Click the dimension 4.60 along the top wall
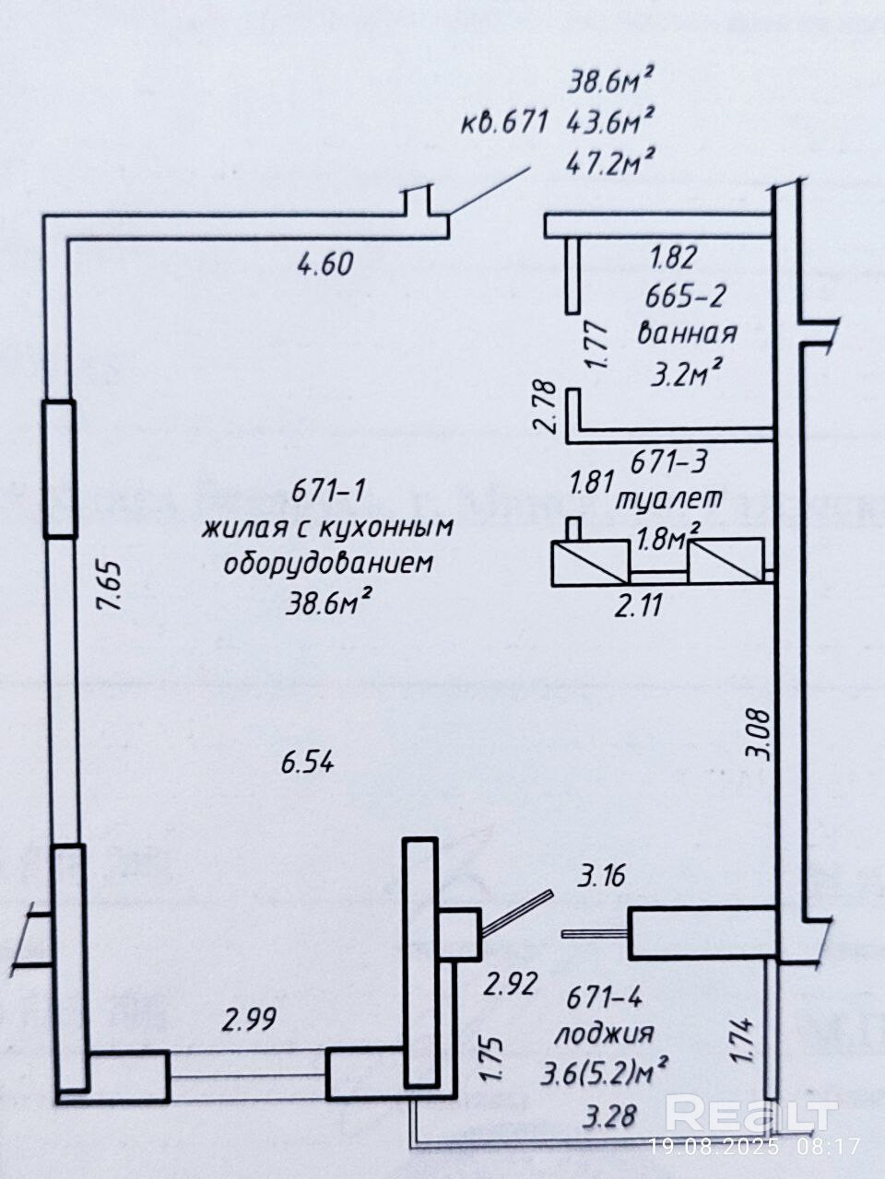point(324,265)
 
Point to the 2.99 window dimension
point(249,1020)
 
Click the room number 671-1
point(328,492)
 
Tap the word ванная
point(688,333)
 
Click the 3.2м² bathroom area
point(687,374)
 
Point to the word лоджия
point(604,1033)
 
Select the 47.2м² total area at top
point(610,165)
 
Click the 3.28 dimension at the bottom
point(609,1117)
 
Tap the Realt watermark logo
point(750,1114)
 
